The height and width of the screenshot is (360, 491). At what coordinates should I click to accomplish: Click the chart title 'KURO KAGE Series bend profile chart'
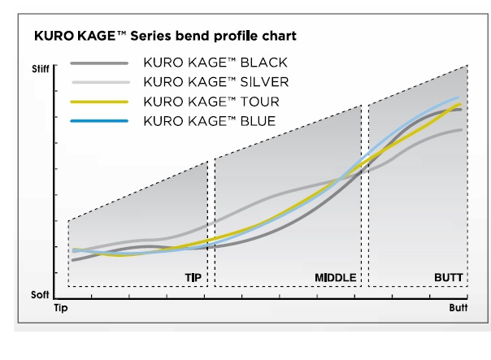pos(165,36)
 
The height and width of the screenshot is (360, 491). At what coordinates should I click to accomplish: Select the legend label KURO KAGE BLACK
pos(215,63)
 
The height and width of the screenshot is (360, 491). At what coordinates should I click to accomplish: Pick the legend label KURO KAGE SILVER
pos(216,82)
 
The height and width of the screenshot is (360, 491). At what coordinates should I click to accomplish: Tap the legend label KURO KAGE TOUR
pos(211,102)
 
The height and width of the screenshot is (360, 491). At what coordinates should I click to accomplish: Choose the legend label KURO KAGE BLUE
pos(210,121)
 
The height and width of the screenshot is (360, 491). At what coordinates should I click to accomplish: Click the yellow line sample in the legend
pos(99,102)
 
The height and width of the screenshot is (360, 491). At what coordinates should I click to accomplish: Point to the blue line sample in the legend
pos(99,121)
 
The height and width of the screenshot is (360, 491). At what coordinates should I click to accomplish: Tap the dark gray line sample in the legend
pos(99,63)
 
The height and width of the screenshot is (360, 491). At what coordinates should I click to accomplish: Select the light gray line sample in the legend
pos(101,82)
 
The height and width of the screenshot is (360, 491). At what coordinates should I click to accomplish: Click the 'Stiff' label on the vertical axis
pos(41,69)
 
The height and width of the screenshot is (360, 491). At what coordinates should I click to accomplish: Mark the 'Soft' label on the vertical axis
pos(40,294)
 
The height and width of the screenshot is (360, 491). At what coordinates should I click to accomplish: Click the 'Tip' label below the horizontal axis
pos(61,308)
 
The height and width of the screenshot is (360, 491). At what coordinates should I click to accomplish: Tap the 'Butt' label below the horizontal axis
pos(458,308)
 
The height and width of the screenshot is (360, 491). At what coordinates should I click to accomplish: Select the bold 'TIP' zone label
pos(193,278)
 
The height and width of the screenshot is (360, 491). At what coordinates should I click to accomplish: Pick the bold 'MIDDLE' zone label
pos(336,278)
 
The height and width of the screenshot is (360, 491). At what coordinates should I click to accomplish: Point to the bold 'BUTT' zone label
pos(449,278)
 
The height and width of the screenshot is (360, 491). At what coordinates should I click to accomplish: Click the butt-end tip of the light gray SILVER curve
pos(461,130)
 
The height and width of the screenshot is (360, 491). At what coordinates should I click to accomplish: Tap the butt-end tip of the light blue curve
pos(458,98)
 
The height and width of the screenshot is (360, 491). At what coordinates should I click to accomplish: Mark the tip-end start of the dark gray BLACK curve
pos(73,260)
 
